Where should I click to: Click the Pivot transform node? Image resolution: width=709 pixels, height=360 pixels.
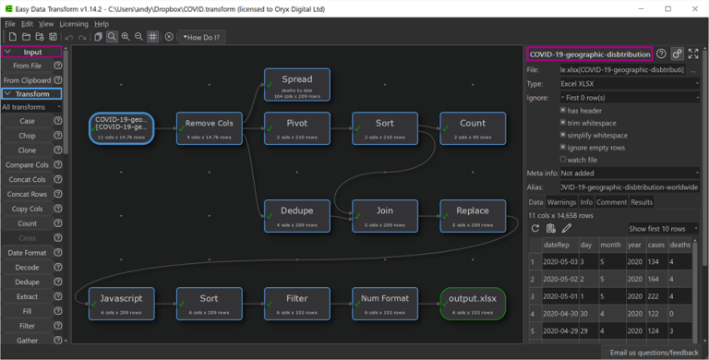[296, 127]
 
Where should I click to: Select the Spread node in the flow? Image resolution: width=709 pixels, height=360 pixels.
[296, 84]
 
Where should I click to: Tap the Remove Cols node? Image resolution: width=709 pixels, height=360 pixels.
[210, 127]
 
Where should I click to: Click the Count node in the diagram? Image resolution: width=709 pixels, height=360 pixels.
[473, 127]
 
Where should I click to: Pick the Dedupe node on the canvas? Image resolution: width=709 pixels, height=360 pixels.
[296, 215]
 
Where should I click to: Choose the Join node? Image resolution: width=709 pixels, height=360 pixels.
[385, 215]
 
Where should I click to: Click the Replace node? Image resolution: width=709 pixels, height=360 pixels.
[473, 215]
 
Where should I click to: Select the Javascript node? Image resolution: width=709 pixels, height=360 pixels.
[121, 304]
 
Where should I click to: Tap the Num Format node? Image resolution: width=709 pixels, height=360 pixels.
[385, 304]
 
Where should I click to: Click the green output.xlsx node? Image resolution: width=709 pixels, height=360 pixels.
[473, 304]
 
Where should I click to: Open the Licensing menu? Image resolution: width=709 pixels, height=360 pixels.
[74, 24]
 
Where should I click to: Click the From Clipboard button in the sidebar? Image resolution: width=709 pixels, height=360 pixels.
[27, 80]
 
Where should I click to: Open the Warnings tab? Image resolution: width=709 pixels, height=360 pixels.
[562, 202]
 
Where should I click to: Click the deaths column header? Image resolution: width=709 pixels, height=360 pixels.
[679, 245]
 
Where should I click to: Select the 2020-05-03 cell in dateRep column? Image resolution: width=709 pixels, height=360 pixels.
[559, 261]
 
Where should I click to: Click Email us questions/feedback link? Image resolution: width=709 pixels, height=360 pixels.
[653, 353]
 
